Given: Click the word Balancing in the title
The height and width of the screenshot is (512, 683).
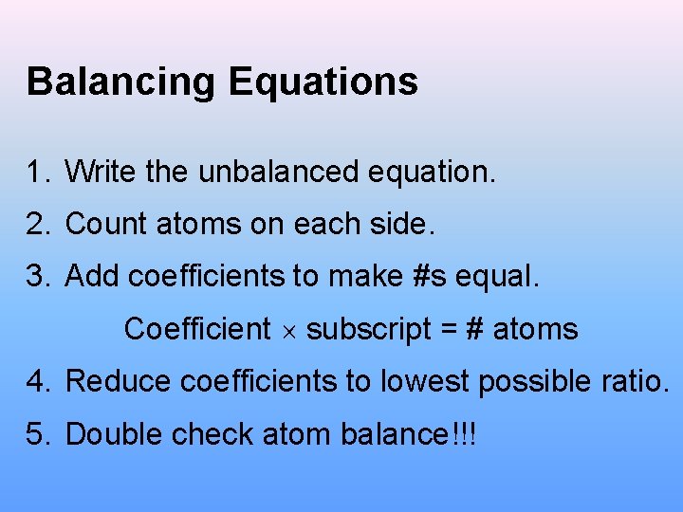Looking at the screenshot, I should [x=120, y=82].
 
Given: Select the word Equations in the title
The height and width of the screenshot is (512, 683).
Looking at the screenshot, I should [x=323, y=82].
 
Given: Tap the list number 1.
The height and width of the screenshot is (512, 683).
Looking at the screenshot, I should [x=36, y=173].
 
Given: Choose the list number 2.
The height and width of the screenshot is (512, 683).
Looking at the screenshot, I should [x=36, y=225].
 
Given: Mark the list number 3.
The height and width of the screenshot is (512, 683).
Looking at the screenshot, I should [x=36, y=277].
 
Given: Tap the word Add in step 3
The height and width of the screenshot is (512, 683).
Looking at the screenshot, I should [x=92, y=277].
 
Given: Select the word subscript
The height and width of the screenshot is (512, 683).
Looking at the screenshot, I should [x=367, y=330].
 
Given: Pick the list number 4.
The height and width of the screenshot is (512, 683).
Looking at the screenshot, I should [x=36, y=382].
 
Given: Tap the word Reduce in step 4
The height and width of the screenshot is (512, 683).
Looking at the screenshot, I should [x=119, y=382].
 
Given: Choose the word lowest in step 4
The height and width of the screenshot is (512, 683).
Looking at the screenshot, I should [x=424, y=382].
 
